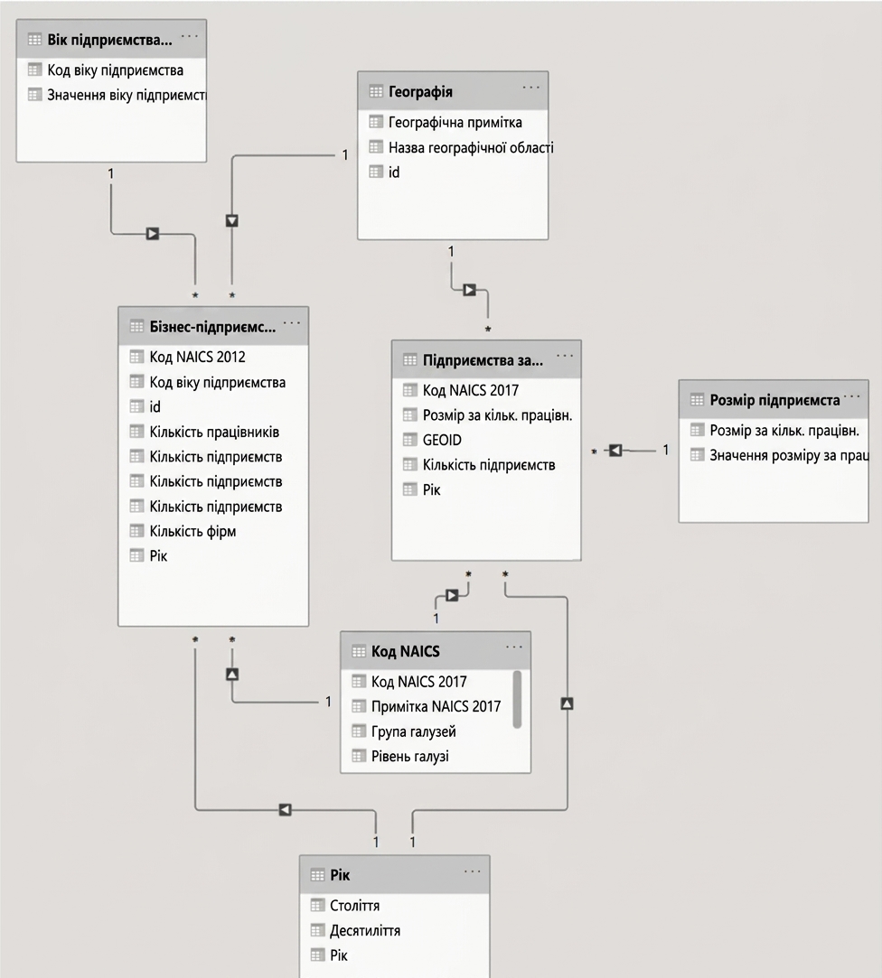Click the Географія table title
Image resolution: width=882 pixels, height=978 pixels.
420,92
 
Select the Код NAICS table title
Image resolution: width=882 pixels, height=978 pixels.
405,651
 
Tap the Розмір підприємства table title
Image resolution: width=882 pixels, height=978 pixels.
774,400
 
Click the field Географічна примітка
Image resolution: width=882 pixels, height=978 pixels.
455,122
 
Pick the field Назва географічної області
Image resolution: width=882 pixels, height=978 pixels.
471,148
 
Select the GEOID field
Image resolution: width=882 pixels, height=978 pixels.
442,440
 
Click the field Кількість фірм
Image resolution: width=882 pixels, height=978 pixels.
192,531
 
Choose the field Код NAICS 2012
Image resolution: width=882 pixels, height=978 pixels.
197,357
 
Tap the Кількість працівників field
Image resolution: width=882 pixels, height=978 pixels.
214,432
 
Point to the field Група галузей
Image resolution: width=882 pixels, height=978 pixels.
413,731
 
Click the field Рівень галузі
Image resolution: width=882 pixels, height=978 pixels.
409,757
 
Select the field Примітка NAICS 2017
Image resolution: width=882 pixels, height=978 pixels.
436,706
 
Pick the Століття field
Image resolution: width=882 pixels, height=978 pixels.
354,905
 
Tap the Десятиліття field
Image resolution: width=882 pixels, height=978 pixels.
364,931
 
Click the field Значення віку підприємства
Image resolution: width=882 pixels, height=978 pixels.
127,96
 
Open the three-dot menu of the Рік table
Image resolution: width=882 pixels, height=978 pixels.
473,871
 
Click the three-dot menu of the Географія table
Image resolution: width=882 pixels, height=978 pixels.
531,88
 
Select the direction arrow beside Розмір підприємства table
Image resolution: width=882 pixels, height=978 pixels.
615,450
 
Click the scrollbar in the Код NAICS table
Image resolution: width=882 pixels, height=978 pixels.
517,699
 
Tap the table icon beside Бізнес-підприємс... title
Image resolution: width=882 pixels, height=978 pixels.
136,326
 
